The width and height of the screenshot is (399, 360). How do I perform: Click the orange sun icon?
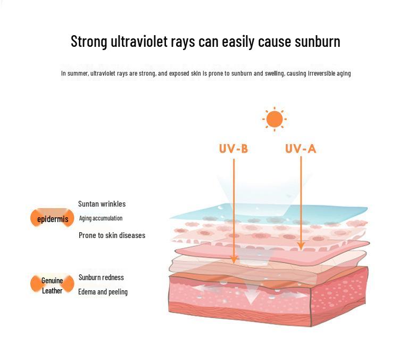(275, 119)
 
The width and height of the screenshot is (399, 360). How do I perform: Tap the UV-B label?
(234, 149)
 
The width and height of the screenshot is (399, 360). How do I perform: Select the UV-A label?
(301, 149)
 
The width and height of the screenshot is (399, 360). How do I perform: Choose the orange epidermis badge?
(53, 218)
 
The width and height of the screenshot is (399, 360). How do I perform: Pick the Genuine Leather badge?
(52, 285)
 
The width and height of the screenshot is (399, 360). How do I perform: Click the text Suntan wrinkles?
(102, 203)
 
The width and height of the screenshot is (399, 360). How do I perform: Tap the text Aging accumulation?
(101, 218)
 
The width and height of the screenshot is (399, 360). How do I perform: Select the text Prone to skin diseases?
(112, 235)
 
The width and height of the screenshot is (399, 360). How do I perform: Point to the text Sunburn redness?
(101, 277)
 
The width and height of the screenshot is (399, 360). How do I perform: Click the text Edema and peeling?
(103, 291)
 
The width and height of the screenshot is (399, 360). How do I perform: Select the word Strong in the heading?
(89, 42)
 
